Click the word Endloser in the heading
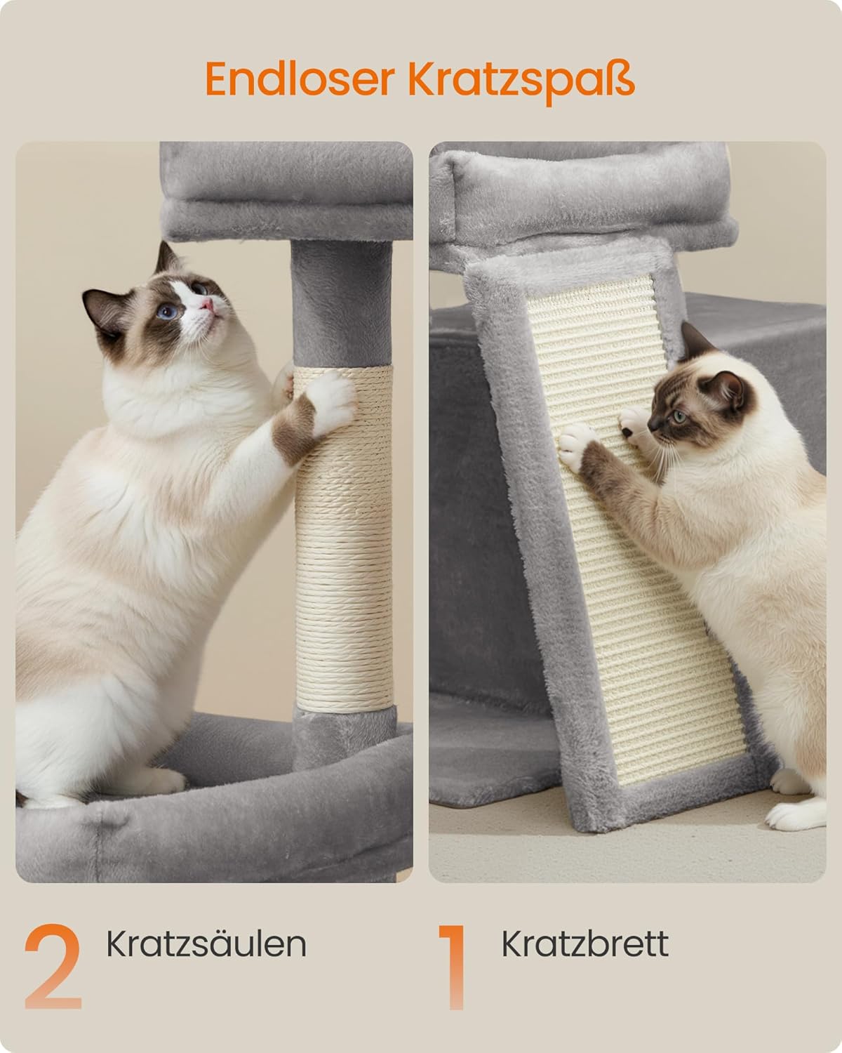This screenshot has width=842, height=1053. coord(300,79)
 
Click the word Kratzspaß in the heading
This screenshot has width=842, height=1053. coord(521,82)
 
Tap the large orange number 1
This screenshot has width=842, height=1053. coord(453,967)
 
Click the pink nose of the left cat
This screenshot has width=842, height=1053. coord(208,305)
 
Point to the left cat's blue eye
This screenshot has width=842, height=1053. coord(167,311)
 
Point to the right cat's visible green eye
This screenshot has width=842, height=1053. coord(680,416)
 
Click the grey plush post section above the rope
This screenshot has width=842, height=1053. coord(342,303)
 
